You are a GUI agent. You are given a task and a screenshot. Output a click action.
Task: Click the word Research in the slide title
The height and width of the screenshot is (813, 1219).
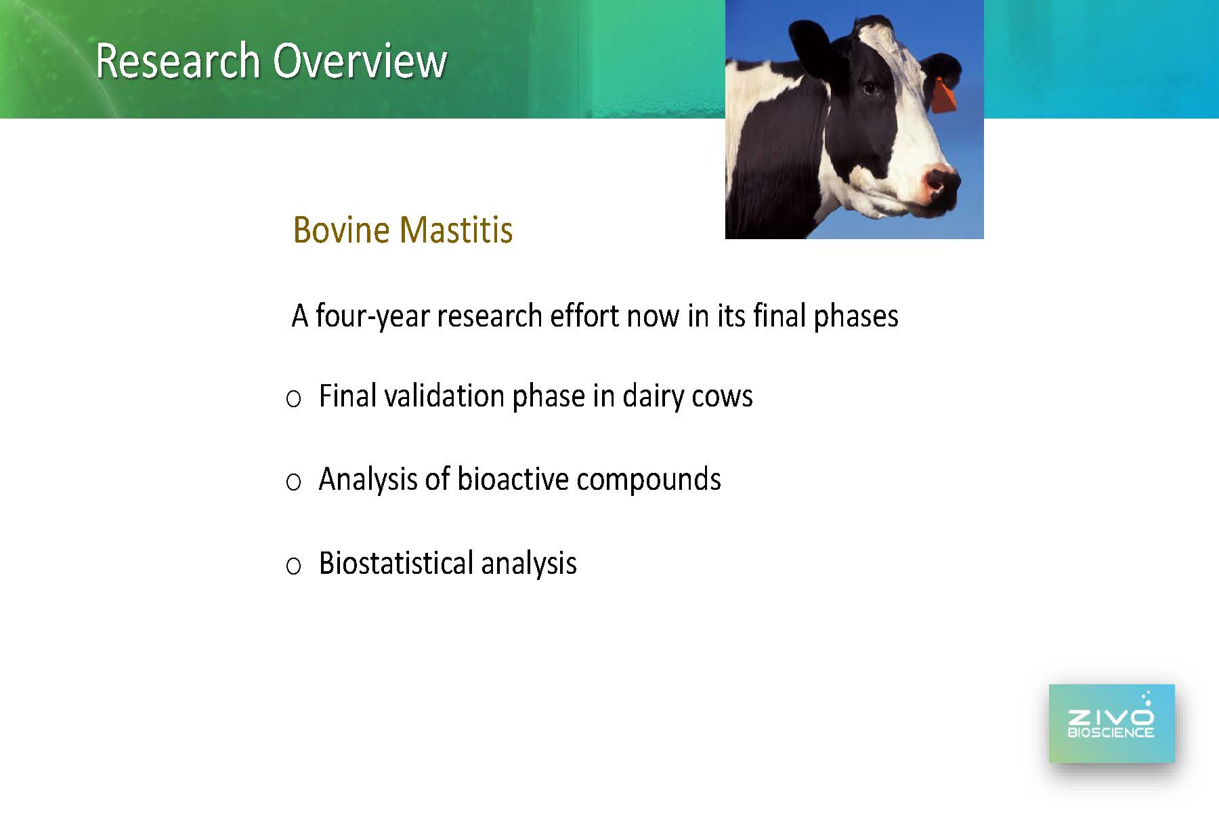[x=178, y=60]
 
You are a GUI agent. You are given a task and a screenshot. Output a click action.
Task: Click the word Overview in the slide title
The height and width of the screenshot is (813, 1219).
[x=360, y=60]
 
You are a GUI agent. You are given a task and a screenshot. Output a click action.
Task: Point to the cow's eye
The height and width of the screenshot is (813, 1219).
[x=870, y=87]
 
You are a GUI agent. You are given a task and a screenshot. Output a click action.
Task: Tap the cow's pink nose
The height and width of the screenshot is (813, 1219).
[x=940, y=184]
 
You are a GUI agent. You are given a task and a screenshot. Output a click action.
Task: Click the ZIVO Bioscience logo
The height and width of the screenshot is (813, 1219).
[x=1111, y=723]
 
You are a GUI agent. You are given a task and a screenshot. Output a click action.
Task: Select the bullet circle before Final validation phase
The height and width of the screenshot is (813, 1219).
[x=293, y=399]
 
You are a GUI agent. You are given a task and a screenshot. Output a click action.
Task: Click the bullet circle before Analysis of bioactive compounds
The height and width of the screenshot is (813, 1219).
[x=293, y=482]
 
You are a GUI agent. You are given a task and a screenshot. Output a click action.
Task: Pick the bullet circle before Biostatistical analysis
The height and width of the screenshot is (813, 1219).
[x=293, y=566]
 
